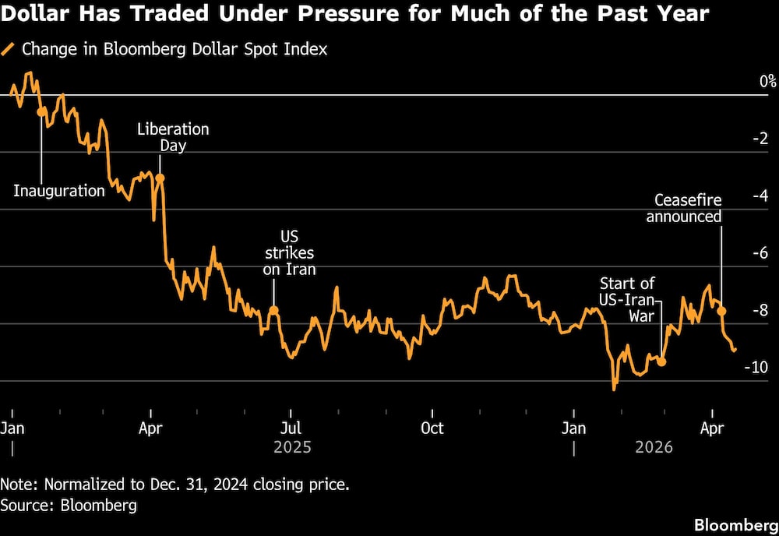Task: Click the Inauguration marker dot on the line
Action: click(41, 112)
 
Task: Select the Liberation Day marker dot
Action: click(160, 178)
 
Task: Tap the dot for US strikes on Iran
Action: click(273, 310)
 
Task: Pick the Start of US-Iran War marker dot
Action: click(662, 361)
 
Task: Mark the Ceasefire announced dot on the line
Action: click(721, 311)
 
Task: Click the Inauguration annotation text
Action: click(59, 191)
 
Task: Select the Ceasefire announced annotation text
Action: click(684, 208)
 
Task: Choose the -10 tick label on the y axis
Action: click(757, 367)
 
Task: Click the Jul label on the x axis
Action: click(291, 428)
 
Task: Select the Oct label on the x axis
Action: click(432, 428)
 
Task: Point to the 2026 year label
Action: click(654, 448)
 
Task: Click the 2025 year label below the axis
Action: click(293, 448)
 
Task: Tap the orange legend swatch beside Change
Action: click(9, 49)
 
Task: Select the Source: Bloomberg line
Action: click(69, 506)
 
